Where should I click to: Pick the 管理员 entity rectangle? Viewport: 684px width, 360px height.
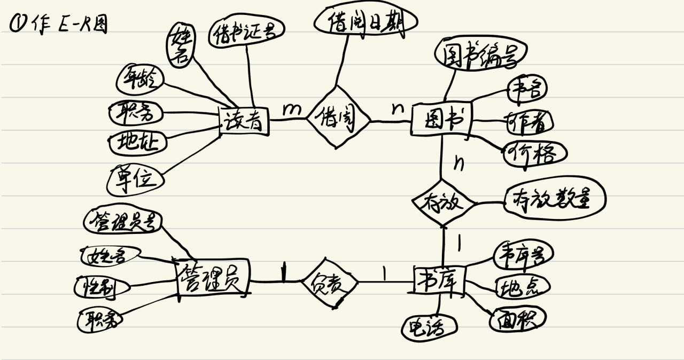[x=213, y=278]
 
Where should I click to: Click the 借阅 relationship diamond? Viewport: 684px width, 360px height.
[x=338, y=120]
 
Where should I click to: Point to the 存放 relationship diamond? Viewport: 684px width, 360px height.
[x=443, y=203]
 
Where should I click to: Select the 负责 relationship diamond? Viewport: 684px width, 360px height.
[x=329, y=283]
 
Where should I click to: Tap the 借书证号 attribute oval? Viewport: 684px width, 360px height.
[x=245, y=34]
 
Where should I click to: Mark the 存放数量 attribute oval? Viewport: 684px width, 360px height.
[x=555, y=200]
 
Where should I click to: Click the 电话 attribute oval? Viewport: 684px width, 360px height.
[x=430, y=327]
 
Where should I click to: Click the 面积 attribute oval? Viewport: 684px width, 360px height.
[x=518, y=319]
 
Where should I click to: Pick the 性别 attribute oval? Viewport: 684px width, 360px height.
[x=102, y=287]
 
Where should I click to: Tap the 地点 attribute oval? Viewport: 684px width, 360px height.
[x=522, y=287]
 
